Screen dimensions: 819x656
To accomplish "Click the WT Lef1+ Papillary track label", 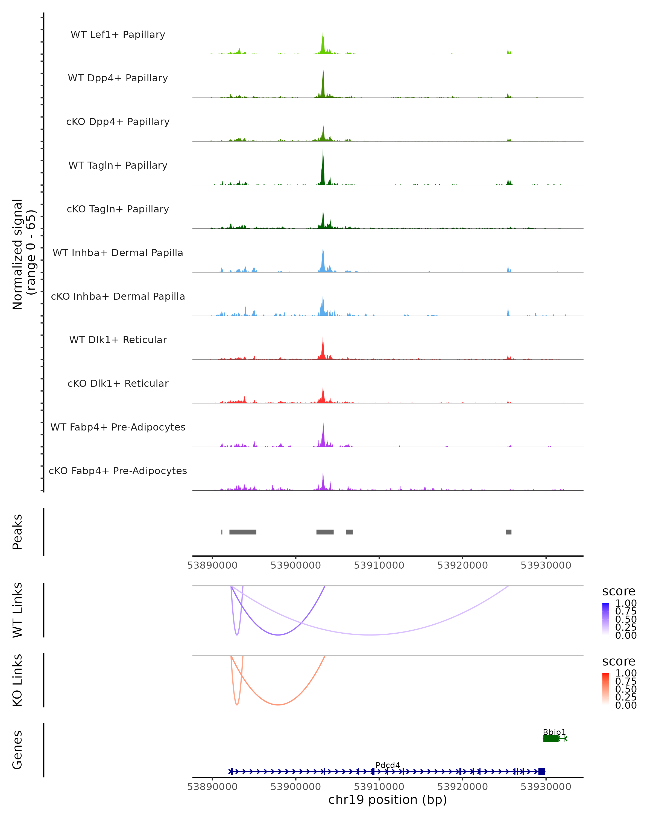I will [x=118, y=35].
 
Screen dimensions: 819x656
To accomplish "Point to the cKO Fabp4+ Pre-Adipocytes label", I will [x=118, y=471].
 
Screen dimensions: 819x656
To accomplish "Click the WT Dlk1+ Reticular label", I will [x=118, y=340].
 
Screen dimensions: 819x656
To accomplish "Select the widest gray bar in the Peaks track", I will [x=243, y=532].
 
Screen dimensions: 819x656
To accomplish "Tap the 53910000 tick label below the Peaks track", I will [x=379, y=565].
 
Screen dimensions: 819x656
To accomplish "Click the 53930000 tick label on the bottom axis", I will [x=546, y=787].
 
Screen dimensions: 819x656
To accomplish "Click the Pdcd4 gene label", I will [x=388, y=765].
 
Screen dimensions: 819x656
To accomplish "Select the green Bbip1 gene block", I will [x=551, y=739].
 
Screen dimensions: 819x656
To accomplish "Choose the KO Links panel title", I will [x=17, y=680].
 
